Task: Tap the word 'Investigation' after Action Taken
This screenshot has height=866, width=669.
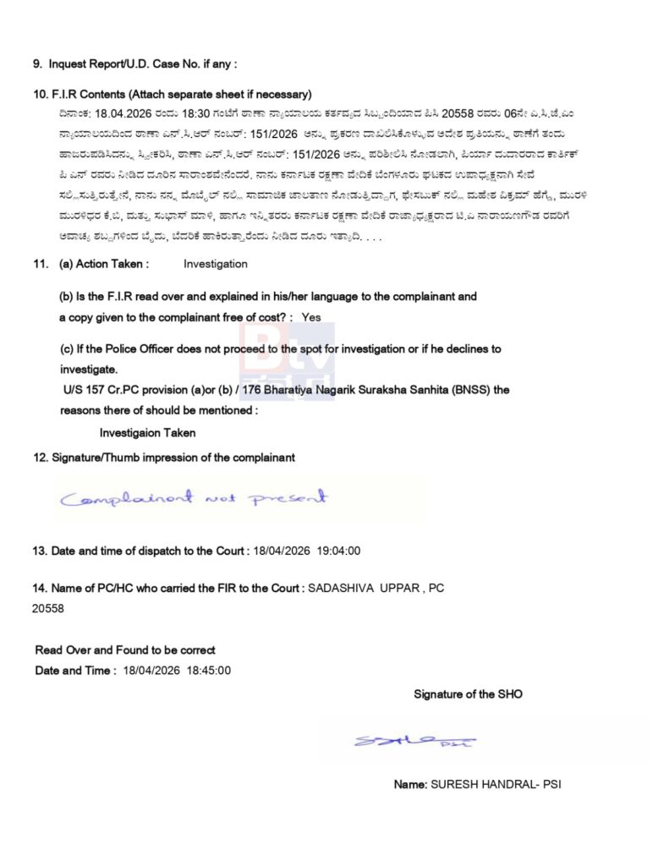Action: (x=216, y=264)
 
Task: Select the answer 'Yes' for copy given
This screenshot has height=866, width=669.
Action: (x=311, y=317)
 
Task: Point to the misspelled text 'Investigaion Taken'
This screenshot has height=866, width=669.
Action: (x=147, y=433)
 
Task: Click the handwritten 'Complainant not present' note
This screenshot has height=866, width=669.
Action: (x=193, y=498)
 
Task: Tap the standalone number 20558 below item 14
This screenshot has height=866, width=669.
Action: (x=49, y=607)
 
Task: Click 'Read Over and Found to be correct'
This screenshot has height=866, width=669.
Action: (x=125, y=649)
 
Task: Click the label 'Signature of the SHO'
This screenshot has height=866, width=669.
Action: (x=468, y=694)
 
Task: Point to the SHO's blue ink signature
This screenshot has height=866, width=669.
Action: (x=414, y=741)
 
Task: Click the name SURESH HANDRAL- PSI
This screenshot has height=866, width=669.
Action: (x=496, y=784)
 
